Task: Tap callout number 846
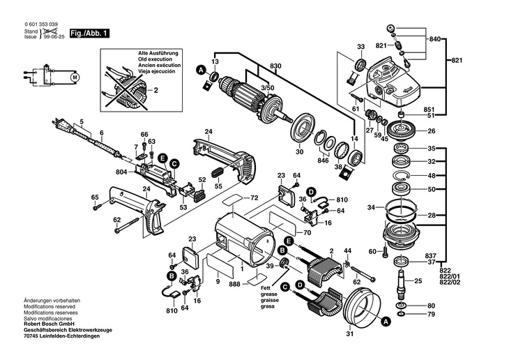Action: [x=322, y=160]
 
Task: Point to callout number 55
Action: [x=219, y=187]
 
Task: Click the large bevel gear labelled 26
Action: [x=403, y=130]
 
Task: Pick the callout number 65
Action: [x=96, y=197]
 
